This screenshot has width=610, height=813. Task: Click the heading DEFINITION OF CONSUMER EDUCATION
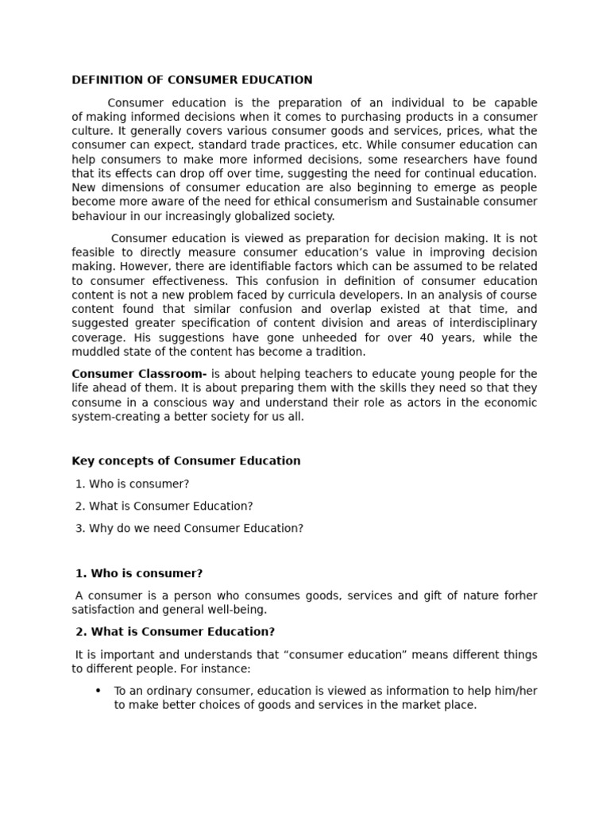point(192,80)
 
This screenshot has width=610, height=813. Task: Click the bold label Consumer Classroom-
point(140,374)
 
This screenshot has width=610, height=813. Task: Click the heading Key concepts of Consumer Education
point(187,461)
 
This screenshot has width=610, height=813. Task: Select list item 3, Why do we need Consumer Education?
point(190,528)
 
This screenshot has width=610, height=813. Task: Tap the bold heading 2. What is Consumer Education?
point(176,632)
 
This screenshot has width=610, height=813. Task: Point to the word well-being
point(237,610)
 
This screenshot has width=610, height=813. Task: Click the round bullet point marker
point(98,691)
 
